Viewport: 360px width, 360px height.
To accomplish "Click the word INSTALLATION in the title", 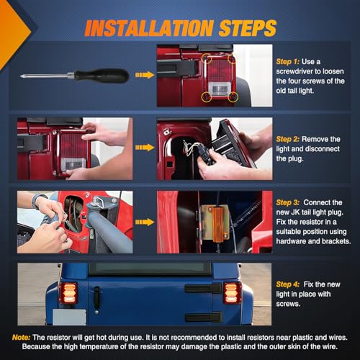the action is pyautogui.click(x=149, y=28).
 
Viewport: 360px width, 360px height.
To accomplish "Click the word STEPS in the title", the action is pyautogui.click(x=248, y=28).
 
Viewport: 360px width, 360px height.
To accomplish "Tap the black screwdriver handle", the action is pyautogui.click(x=102, y=76).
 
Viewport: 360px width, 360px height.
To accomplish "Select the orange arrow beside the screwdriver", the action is pyautogui.click(x=145, y=75).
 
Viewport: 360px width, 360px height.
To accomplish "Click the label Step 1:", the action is pyautogui.click(x=287, y=62).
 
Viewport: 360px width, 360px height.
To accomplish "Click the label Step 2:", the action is pyautogui.click(x=287, y=139).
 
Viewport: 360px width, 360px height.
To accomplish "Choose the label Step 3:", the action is pyautogui.click(x=287, y=202).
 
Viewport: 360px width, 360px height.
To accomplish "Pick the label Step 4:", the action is pyautogui.click(x=287, y=284).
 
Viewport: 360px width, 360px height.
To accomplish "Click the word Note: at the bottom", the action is pyautogui.click(x=21, y=338).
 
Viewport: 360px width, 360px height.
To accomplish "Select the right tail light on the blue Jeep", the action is pyautogui.click(x=233, y=293).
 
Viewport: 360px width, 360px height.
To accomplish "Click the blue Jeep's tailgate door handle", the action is pyautogui.click(x=96, y=298).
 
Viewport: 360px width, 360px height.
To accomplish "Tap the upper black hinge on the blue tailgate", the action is pyautogui.click(x=203, y=288).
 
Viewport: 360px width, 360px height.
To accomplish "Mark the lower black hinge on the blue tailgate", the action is pyautogui.click(x=204, y=317).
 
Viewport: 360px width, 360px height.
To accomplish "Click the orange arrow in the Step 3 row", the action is pyautogui.click(x=145, y=222).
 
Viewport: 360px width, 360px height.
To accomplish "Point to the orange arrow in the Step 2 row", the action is pyautogui.click(x=145, y=148).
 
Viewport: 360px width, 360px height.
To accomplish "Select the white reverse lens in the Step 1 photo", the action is pyautogui.click(x=220, y=89).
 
